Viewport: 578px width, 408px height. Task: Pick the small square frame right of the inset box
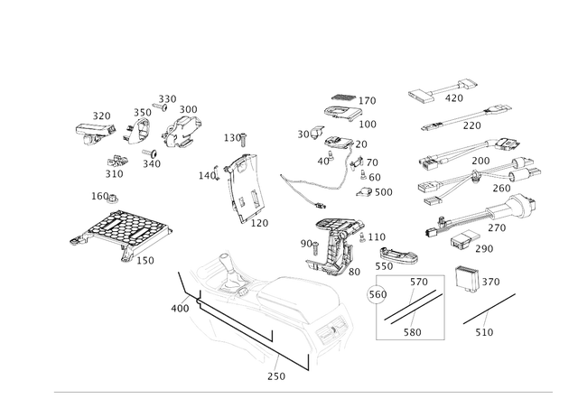[x=467, y=279]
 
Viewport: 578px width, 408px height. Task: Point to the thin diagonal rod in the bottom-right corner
[x=489, y=311]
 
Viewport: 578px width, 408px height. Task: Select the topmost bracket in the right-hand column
[x=442, y=96]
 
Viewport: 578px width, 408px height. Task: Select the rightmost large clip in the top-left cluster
[x=182, y=127]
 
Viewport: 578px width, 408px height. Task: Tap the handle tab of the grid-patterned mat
[x=79, y=239]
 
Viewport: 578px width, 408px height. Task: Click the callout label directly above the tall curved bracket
[x=234, y=138]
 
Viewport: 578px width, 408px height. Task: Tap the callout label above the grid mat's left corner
[x=102, y=194]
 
